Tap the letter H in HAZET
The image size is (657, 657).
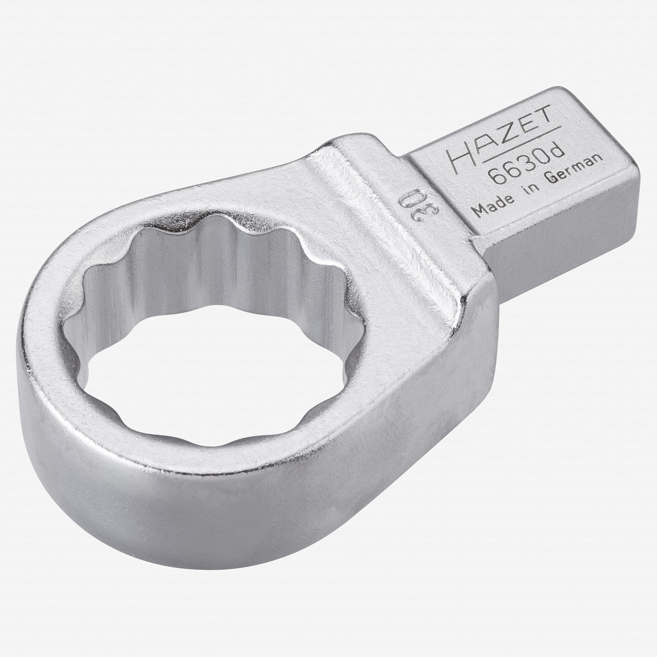[x=457, y=154]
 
